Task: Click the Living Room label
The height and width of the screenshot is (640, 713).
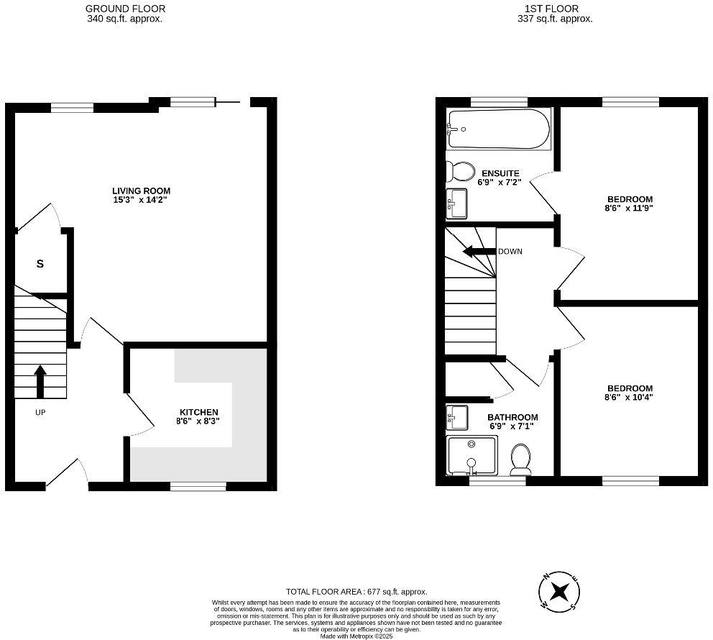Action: coord(142,191)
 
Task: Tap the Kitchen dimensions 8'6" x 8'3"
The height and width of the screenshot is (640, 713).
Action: coord(198,421)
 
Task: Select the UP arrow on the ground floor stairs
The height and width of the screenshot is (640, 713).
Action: coord(40,381)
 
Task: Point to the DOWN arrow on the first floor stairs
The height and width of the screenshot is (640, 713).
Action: coord(479,252)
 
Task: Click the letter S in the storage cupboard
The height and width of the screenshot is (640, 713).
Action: coord(40,264)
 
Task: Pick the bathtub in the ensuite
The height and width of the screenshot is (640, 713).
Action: coord(499,129)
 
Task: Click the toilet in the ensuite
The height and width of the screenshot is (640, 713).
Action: coord(460,171)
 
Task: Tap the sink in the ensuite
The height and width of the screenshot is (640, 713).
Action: coord(456,204)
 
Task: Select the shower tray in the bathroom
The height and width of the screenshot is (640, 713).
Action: coord(471,455)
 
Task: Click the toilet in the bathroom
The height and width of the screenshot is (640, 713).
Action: coord(521,459)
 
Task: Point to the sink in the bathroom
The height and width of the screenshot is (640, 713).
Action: coord(457,418)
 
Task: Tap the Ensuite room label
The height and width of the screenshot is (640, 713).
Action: coord(500,173)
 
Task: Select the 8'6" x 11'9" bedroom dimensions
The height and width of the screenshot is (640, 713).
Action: coord(630,209)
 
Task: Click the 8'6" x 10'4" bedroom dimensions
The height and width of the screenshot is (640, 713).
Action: coord(630,398)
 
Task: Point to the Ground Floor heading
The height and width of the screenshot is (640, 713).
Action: coord(126,9)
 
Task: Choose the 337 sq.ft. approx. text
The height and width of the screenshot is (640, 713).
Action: coord(555,19)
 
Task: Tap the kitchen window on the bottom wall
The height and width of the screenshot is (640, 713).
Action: coord(198,487)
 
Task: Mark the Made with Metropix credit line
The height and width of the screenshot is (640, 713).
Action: coord(356,636)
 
